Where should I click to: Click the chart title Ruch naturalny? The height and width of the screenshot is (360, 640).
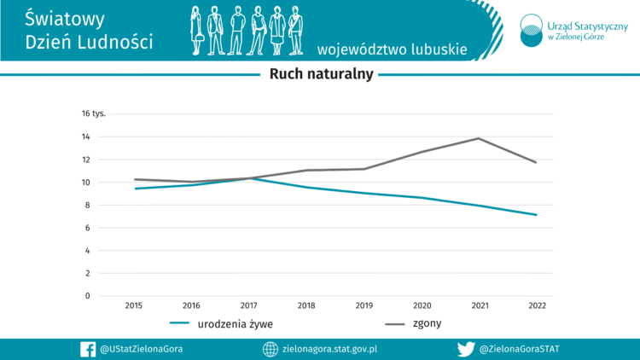pos(321,73)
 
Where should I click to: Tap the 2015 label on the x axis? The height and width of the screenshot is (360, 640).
pos(134,305)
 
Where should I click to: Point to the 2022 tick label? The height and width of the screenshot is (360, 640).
pos(537,305)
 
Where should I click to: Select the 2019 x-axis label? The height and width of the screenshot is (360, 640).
pos(364,305)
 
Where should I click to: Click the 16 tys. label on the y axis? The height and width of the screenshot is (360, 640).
pos(93,113)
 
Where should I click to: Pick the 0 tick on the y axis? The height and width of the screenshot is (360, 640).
pos(87,296)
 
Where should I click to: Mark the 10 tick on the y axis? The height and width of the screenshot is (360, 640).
pos(86,182)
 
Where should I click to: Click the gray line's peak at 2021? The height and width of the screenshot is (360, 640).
pos(479,138)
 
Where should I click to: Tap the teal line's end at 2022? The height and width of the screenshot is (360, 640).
pos(536,215)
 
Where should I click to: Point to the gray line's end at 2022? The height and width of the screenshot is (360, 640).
pos(536,162)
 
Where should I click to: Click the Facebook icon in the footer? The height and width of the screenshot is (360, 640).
pos(87,349)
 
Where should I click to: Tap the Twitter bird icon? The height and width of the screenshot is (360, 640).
pos(466,349)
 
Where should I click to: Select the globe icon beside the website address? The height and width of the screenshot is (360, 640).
pos(270,349)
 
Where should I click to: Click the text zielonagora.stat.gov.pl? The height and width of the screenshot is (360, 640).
pos(329,349)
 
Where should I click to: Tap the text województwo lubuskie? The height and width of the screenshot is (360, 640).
pos(392,49)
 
